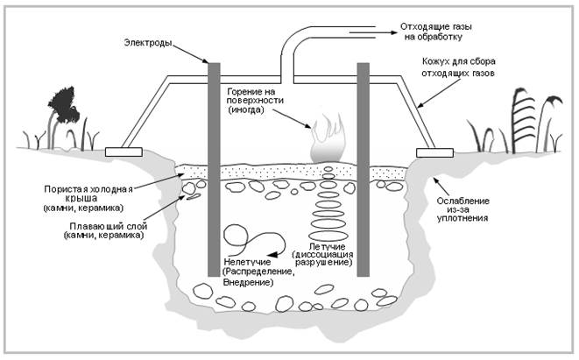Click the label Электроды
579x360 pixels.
point(148,43)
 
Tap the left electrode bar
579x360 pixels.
point(215,169)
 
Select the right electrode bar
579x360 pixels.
point(363,169)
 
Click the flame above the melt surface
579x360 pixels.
point(327,138)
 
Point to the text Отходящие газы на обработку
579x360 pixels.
point(436,32)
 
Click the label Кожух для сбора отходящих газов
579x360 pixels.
point(458,67)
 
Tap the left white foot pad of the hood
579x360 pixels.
point(124,152)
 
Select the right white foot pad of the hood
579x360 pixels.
point(434,152)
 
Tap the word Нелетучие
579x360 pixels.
point(247,262)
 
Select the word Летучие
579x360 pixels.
point(327,246)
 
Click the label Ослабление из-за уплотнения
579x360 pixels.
point(463,209)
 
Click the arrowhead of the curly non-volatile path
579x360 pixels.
point(272,254)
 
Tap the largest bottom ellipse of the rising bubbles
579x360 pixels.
point(327,236)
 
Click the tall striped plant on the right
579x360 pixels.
point(523,120)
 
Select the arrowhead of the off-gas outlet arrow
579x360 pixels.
point(393,32)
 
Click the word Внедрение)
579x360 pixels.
point(248,283)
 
